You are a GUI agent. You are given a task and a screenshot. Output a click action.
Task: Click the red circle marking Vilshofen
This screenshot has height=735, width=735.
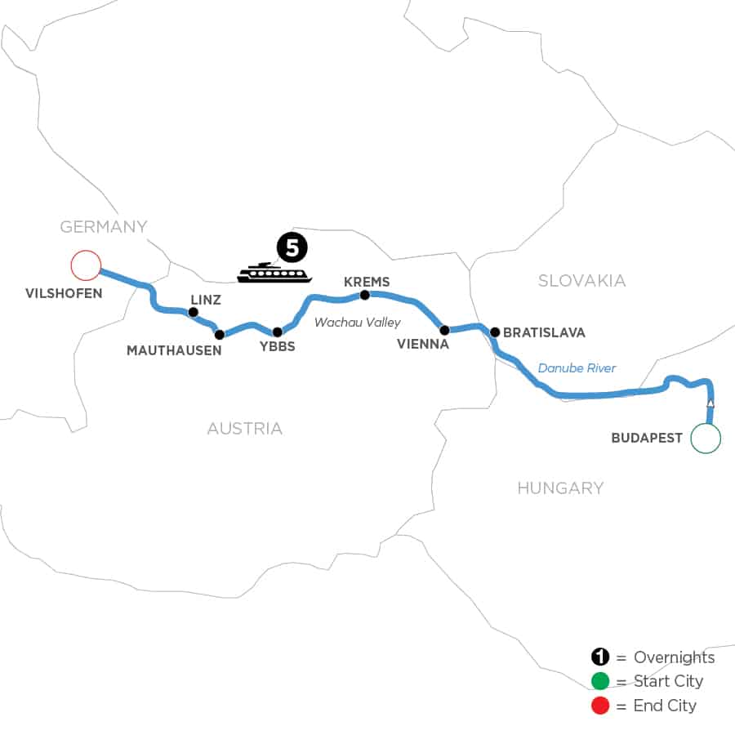click(85, 265)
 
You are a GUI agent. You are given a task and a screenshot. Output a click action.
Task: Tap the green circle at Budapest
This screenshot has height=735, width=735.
click(706, 438)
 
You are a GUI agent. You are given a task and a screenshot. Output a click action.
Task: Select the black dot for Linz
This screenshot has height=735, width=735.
click(194, 312)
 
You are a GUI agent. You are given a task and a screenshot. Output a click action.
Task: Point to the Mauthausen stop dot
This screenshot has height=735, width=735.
click(219, 334)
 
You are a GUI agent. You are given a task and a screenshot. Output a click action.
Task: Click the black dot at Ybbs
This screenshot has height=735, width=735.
click(278, 332)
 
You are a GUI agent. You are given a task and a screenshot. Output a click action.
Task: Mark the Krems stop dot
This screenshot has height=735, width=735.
click(365, 295)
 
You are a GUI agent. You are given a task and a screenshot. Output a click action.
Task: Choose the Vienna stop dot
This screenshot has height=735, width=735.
click(444, 331)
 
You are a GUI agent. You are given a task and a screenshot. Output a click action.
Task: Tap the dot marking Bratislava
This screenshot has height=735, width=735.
click(494, 332)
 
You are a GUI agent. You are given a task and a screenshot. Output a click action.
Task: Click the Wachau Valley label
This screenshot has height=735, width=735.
click(358, 323)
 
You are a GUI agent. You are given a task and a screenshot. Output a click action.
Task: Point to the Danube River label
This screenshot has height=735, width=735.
click(577, 368)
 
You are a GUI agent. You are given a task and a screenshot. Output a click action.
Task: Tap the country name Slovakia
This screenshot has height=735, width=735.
click(581, 281)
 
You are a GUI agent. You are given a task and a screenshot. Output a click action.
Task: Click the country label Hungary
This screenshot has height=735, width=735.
click(560, 488)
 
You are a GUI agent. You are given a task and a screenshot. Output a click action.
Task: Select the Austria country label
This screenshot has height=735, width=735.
click(245, 428)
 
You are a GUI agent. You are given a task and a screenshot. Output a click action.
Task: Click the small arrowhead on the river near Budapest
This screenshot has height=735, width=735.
click(710, 403)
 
